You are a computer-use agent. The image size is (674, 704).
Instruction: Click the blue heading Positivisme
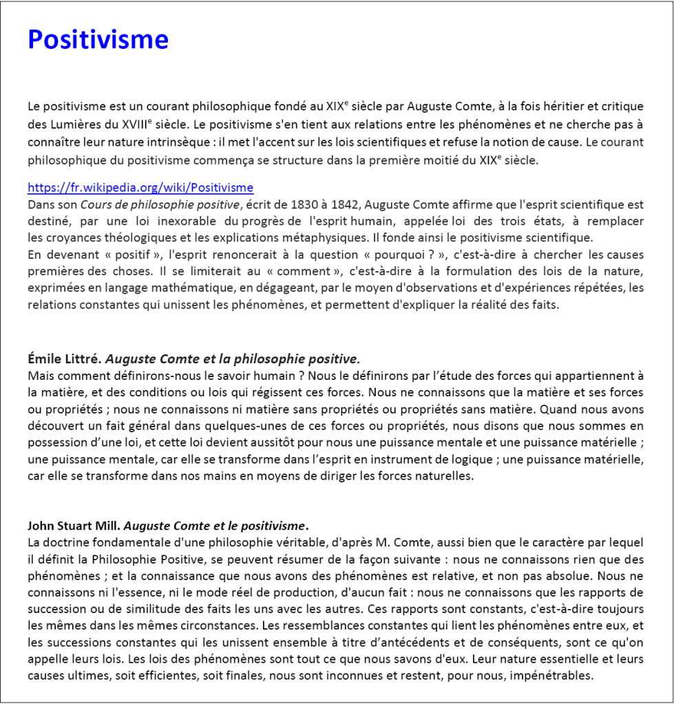[x=98, y=39]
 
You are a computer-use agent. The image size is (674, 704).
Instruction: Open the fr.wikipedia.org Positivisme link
[x=140, y=188]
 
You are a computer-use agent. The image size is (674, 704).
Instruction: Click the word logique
[x=436, y=459]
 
